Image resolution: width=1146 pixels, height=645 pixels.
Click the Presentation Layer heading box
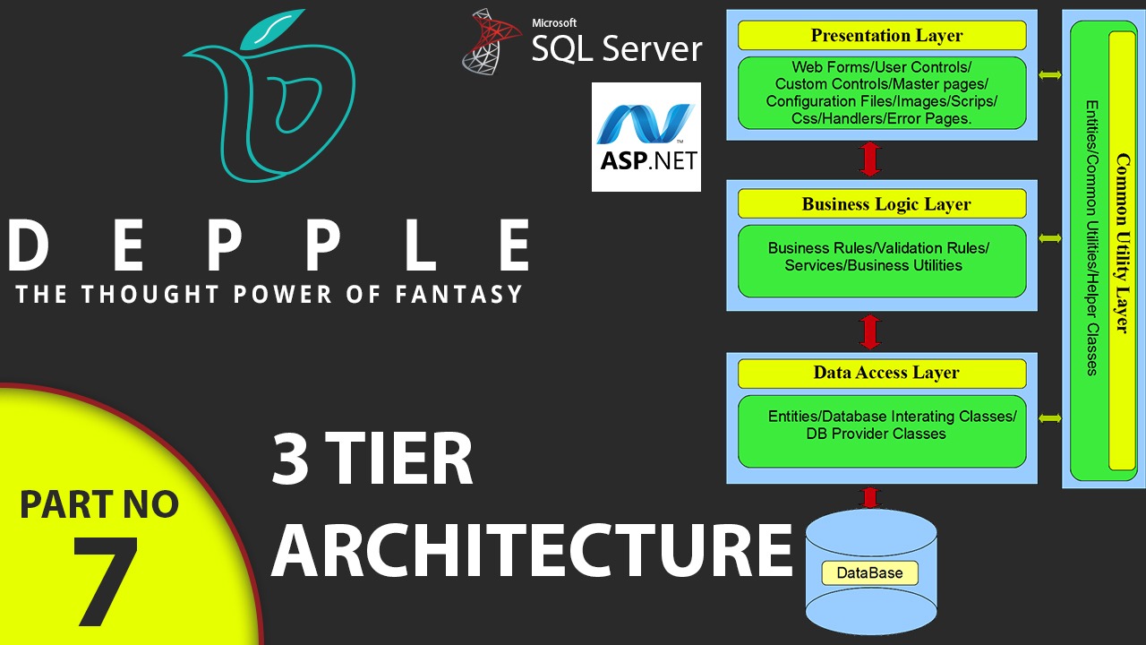[x=882, y=36]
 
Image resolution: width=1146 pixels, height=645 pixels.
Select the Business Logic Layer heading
[x=882, y=204]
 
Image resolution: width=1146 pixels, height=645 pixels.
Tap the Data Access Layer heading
[x=882, y=373]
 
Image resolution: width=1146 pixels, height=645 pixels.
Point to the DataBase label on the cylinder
[x=869, y=573]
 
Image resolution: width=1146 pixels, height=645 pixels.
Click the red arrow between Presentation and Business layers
[x=870, y=159]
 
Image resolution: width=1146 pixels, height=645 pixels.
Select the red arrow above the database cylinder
[x=868, y=498]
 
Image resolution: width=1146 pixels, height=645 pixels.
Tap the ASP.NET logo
[x=646, y=137]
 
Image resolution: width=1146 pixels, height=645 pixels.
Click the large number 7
[x=106, y=580]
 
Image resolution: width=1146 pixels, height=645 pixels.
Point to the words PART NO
[x=99, y=505]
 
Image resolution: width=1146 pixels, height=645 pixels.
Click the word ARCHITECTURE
[x=532, y=549]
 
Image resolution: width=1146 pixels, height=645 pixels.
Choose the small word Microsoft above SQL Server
[x=554, y=23]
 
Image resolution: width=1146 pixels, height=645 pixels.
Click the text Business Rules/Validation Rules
[x=878, y=248]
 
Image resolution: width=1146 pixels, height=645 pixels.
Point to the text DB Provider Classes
[x=876, y=434]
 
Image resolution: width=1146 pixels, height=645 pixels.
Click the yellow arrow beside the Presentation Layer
[x=1049, y=75]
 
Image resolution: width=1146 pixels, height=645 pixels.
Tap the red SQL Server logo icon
[x=492, y=41]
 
